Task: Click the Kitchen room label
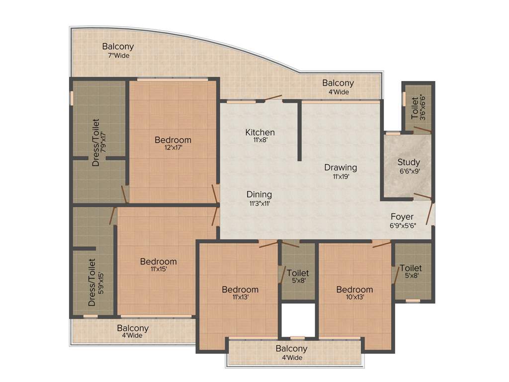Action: pos(260,132)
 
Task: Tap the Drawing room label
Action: pos(340,168)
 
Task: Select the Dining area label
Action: pos(259,194)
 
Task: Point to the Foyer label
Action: pos(402,217)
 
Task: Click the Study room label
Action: pos(409,162)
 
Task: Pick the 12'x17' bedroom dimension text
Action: pos(172,148)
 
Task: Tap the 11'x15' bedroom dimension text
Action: pos(158,270)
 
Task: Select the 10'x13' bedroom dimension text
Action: pos(354,297)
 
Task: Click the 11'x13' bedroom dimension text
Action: pos(240,297)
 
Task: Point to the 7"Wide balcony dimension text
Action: pos(118,56)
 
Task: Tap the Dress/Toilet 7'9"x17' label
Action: pos(99,142)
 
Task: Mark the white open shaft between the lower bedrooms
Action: pos(298,319)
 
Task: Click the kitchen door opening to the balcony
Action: pos(273,98)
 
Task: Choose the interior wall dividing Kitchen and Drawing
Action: pos(299,130)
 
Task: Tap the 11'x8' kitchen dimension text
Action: pos(260,140)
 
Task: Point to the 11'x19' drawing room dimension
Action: pos(340,176)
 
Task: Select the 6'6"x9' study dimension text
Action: pos(409,171)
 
